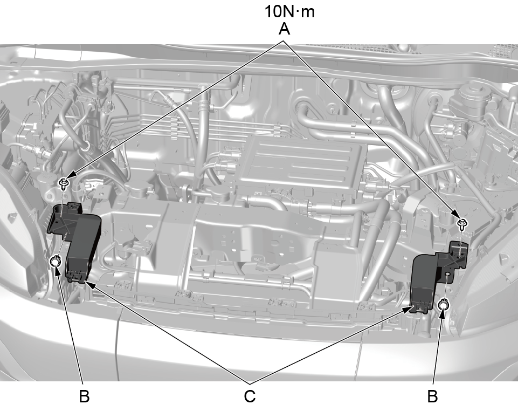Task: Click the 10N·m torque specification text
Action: pyautogui.click(x=289, y=11)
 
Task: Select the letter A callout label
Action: pyautogui.click(x=284, y=29)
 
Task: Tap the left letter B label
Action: pyautogui.click(x=84, y=396)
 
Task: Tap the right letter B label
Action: pyautogui.click(x=432, y=396)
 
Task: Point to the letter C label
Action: pyautogui.click(x=250, y=396)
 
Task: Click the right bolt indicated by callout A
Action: pyautogui.click(x=461, y=223)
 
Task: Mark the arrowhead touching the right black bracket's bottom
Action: pyautogui.click(x=408, y=309)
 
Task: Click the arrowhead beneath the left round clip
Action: pyautogui.click(x=57, y=272)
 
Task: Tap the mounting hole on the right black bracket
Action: pyautogui.click(x=447, y=274)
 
